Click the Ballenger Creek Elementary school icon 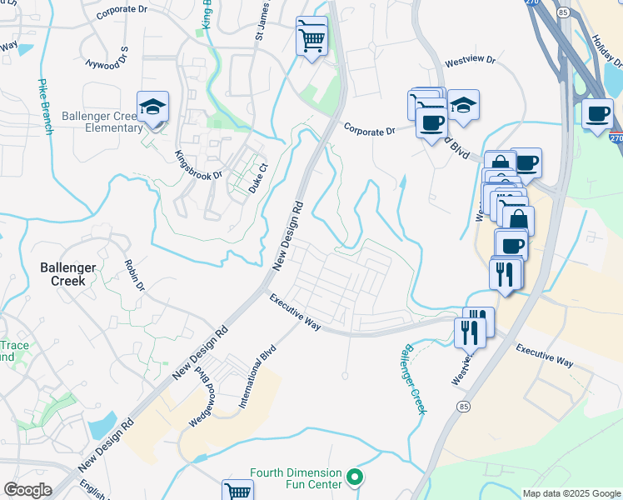pyautogui.click(x=153, y=107)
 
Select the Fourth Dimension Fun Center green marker pyautogui.click(x=355, y=477)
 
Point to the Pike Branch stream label pyautogui.click(x=44, y=107)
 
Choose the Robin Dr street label pyautogui.click(x=134, y=274)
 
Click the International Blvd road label pyautogui.click(x=257, y=378)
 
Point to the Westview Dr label pyautogui.click(x=470, y=61)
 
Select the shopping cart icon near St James pyautogui.click(x=311, y=37)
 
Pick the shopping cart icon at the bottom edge pyautogui.click(x=238, y=491)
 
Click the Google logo pyautogui.click(x=27, y=490)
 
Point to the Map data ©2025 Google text pyautogui.click(x=571, y=493)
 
